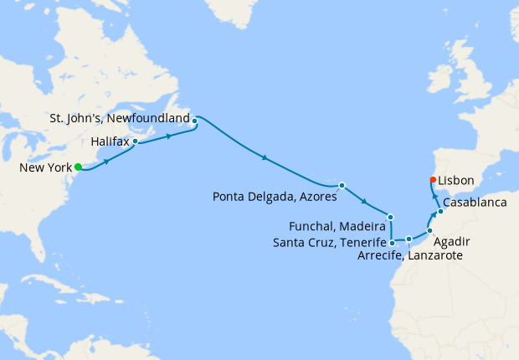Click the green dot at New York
pyautogui.click(x=78, y=167)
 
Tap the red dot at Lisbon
pyautogui.click(x=433, y=179)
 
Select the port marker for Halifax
pyautogui.click(x=135, y=141)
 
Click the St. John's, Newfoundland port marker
pyautogui.click(x=194, y=121)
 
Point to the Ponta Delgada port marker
pyautogui.click(x=342, y=185)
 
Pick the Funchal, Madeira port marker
pyautogui.click(x=390, y=217)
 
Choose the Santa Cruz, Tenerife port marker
pyautogui.click(x=392, y=243)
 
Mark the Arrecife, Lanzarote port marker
pyautogui.click(x=409, y=239)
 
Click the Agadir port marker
pyautogui.click(x=429, y=230)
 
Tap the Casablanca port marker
pyautogui.click(x=440, y=212)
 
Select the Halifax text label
pyautogui.click(x=110, y=142)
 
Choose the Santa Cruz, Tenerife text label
pyautogui.click(x=329, y=243)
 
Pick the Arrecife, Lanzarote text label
pyautogui.click(x=410, y=256)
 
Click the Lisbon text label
pyautogui.click(x=456, y=180)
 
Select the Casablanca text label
pyautogui.click(x=475, y=203)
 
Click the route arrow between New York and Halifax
pyautogui.click(x=106, y=159)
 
